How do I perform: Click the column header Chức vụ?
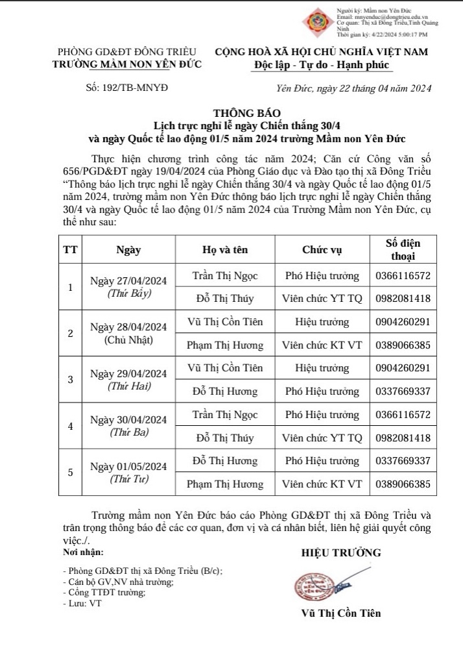[x=322, y=249]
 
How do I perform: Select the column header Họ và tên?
[x=225, y=249]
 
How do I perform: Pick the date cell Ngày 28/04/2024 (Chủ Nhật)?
[x=128, y=332]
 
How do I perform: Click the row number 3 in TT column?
[x=70, y=379]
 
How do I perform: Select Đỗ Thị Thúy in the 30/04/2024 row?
[x=225, y=438]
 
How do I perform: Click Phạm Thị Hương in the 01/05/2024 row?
[x=225, y=484]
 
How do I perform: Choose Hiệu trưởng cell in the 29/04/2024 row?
[x=322, y=368]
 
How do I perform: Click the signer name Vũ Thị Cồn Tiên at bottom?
[x=341, y=613]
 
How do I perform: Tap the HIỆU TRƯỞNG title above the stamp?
[x=341, y=552]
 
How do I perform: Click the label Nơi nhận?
[x=83, y=552]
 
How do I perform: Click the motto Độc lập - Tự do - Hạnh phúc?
[x=322, y=65]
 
